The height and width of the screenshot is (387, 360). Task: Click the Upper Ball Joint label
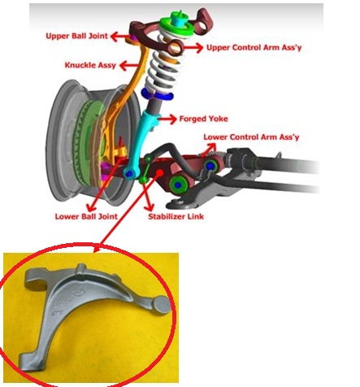(x=76, y=36)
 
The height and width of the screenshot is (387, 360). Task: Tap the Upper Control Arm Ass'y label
(x=254, y=47)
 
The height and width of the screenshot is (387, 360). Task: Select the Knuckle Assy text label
(x=90, y=65)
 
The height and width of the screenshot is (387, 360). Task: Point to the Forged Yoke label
(x=203, y=119)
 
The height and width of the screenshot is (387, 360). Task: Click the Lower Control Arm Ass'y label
(x=251, y=137)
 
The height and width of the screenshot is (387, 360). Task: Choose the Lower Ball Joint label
(x=86, y=216)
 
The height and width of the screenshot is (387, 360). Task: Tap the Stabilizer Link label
(x=176, y=216)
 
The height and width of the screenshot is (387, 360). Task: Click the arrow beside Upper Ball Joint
(x=119, y=36)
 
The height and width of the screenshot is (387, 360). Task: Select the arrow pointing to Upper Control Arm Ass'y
(x=193, y=48)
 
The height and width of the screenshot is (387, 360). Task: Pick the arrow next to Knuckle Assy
(x=128, y=65)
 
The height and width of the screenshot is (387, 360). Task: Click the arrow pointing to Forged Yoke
(x=167, y=119)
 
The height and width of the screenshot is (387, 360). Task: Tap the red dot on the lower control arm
(x=160, y=172)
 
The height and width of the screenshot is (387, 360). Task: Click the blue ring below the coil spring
(x=157, y=94)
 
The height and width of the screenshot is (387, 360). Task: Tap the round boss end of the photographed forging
(x=162, y=305)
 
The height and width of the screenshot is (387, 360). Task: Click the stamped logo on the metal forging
(x=78, y=293)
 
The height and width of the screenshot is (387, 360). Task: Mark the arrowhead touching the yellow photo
(x=97, y=247)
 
